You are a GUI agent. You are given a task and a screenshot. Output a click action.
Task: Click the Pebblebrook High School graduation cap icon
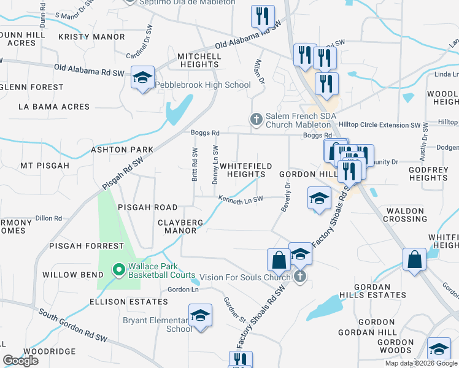[142, 79]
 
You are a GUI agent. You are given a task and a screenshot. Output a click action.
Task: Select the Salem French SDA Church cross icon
[256, 118]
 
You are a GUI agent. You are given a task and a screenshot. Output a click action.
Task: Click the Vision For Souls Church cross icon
[300, 277]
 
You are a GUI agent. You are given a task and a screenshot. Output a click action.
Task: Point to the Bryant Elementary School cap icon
[200, 316]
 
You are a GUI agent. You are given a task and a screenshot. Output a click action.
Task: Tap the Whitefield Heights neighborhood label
[242, 170]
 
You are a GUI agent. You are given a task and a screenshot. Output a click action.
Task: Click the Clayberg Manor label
[177, 226]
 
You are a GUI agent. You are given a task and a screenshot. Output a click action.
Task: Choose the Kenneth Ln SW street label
[241, 198]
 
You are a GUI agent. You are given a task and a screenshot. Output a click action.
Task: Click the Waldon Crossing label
[406, 215]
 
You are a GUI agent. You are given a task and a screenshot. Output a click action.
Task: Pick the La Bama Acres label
[54, 107]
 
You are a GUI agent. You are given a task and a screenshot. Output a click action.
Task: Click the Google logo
[20, 361]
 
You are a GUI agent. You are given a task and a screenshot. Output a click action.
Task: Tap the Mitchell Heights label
[199, 60]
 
